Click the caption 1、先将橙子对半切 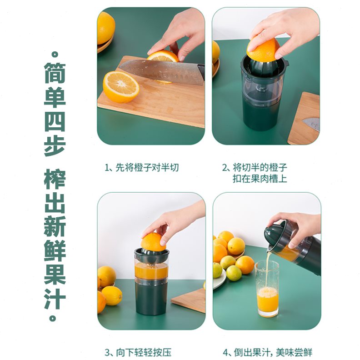pos(142,168)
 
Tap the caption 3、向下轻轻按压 pos(138,352)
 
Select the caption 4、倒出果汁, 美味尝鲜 pos(267,352)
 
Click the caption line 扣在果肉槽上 pos(260,179)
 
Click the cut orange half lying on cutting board pos(120,86)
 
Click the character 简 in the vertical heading pos(55,73)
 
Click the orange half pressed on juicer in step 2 pos(263,49)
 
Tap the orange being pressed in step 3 pos(153,241)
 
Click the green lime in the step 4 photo pos(234,273)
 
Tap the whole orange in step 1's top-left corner pos(105,27)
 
